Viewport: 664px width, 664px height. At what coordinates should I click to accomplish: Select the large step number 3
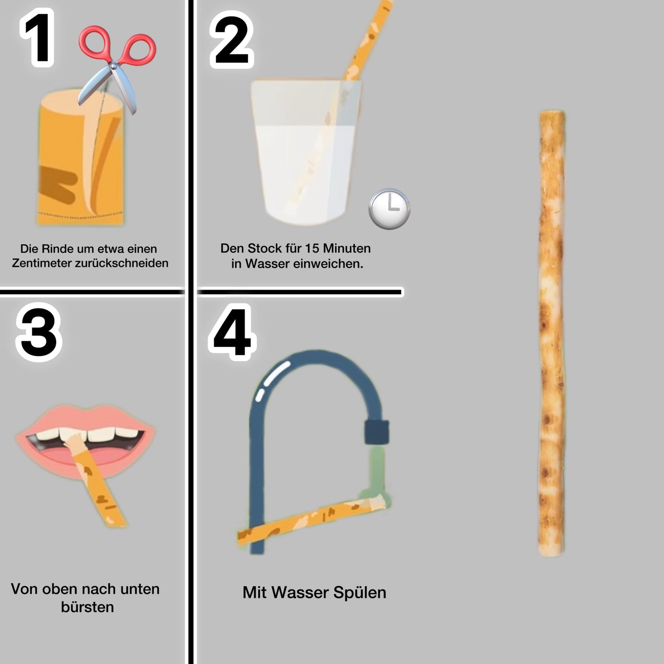pyautogui.click(x=39, y=332)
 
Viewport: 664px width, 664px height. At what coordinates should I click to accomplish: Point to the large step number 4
pyautogui.click(x=232, y=332)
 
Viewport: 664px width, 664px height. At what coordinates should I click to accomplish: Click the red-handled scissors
pyautogui.click(x=118, y=64)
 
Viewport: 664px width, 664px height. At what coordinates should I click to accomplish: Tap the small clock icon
pyautogui.click(x=389, y=208)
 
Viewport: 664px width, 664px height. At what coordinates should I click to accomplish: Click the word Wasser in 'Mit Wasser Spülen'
pyautogui.click(x=301, y=592)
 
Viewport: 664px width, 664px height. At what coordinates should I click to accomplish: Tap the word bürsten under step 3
pyautogui.click(x=87, y=607)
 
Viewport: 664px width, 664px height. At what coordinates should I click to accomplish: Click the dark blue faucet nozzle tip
pyautogui.click(x=376, y=432)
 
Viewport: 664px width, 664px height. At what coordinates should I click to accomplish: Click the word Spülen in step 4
pyautogui.click(x=360, y=592)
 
